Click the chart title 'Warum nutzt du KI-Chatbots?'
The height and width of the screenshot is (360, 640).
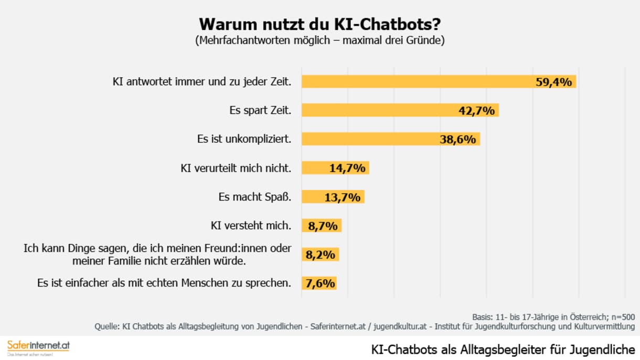coord(319,24)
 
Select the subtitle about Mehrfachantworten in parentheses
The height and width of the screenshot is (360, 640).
coord(319,40)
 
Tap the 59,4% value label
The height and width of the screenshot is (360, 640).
coord(553,81)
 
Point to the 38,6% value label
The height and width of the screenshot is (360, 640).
coord(457,139)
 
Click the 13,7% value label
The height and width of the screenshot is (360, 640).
coord(342,197)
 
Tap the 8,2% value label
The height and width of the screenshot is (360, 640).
coord(321,255)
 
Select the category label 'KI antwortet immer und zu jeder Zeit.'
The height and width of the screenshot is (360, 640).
coord(202,81)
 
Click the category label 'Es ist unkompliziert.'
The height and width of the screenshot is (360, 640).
coord(244,139)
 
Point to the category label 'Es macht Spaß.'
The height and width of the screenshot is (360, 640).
coord(254,197)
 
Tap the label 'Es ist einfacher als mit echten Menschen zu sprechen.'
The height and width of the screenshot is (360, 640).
coord(164,283)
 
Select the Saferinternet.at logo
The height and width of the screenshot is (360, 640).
coord(38,346)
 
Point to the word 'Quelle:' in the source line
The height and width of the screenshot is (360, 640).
coord(107,326)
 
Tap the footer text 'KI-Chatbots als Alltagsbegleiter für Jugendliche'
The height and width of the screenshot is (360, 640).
coord(503,350)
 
